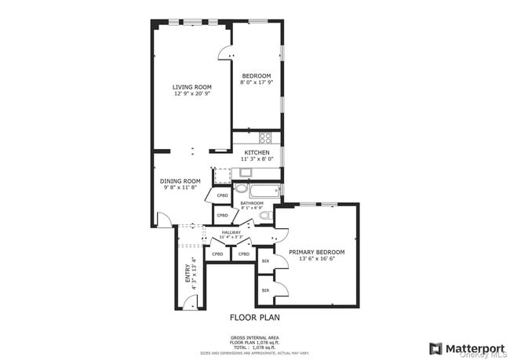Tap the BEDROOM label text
tap(256, 76)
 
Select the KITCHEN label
tap(257, 152)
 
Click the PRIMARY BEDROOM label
tap(317, 252)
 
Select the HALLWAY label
tap(231, 232)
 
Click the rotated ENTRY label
tap(188, 272)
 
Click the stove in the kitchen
tap(266, 137)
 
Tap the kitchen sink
tap(246, 173)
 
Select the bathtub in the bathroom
tap(264, 190)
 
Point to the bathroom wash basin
tap(241, 189)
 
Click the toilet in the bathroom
tap(265, 215)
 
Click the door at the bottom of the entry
tap(190, 303)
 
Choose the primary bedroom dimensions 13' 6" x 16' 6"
tap(317, 259)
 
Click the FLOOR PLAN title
tap(254, 318)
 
